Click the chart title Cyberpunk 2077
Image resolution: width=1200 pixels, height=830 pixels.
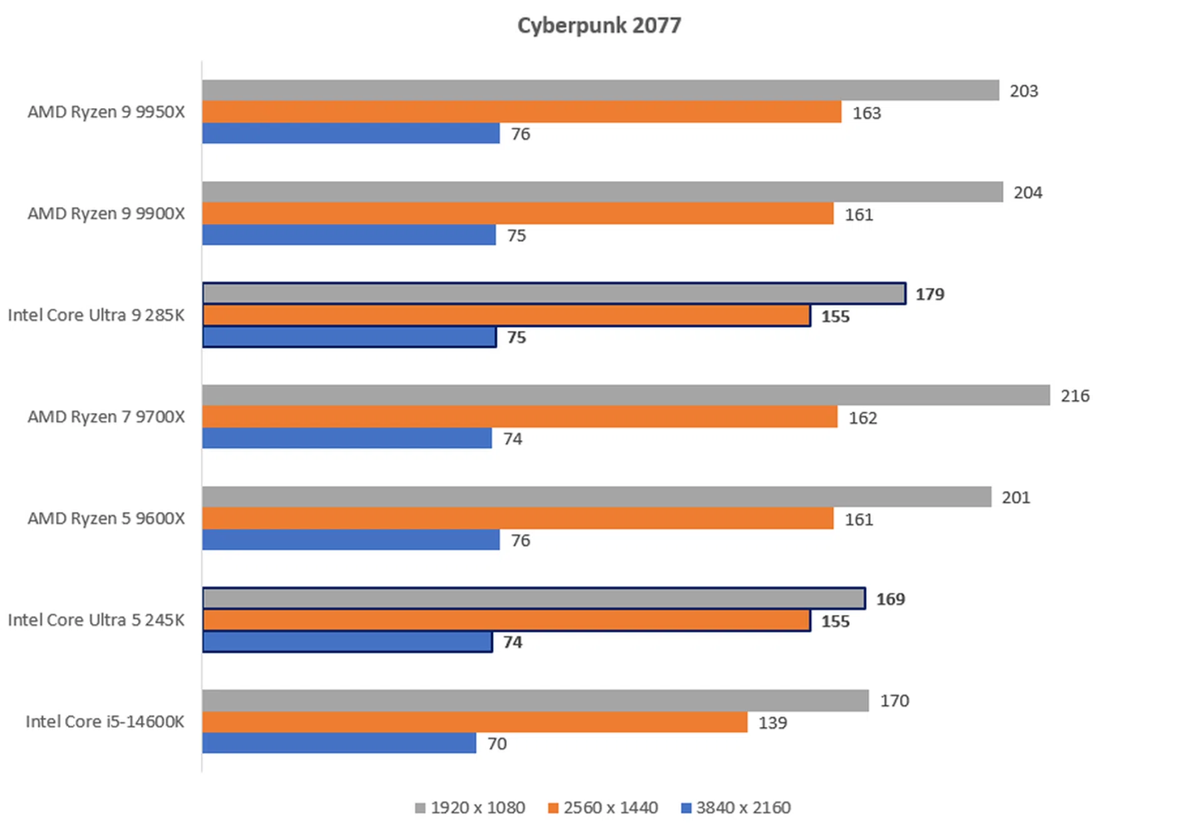599,26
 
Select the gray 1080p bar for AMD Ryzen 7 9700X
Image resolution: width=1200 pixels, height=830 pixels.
626,395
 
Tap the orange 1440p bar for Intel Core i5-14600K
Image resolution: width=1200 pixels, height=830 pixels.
474,722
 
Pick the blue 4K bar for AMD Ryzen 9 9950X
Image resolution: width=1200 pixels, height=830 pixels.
351,133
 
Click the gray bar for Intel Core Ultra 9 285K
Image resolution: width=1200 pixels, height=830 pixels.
554,293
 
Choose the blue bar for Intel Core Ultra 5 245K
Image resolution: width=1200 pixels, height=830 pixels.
347,642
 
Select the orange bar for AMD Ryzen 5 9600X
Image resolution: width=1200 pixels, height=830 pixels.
517,518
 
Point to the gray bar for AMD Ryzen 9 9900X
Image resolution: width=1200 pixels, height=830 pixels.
602,192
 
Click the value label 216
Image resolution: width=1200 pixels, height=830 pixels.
1075,396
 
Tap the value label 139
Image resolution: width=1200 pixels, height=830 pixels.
772,722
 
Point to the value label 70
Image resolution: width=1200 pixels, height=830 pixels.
497,744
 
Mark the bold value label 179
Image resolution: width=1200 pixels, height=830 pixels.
930,294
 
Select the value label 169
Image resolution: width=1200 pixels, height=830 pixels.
891,599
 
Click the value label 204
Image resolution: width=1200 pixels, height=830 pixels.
1028,192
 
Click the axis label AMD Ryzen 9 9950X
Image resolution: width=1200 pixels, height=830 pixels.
106,112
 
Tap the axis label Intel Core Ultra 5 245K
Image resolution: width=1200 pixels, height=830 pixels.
96,620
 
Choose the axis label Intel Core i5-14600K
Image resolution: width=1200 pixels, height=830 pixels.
105,722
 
